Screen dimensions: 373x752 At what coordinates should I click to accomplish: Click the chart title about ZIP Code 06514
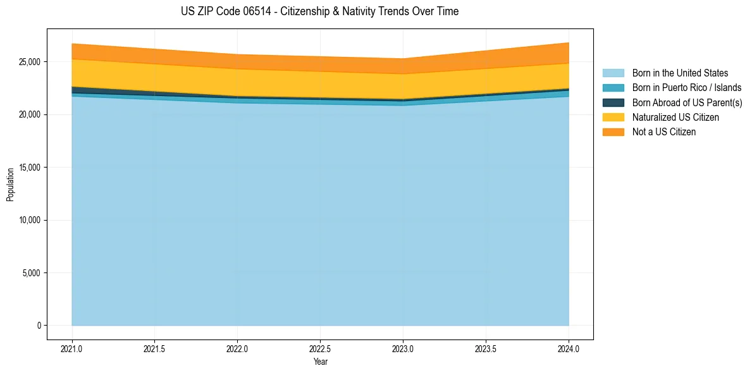[x=319, y=11]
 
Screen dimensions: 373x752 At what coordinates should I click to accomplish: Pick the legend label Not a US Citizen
[x=664, y=131]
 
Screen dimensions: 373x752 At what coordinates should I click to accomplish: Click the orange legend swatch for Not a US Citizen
[x=613, y=131]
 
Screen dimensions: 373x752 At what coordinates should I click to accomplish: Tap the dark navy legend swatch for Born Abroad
[x=613, y=102]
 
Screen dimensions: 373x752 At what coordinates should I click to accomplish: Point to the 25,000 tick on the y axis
[x=30, y=62]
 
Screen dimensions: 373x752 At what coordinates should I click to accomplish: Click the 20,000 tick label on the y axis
[x=30, y=114]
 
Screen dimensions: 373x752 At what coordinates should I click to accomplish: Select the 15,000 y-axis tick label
[x=30, y=168]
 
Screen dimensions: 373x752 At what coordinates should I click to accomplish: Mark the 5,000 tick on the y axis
[x=32, y=273]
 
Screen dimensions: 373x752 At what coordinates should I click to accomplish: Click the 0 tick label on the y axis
[x=39, y=326]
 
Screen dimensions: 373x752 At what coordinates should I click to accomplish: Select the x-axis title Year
[x=320, y=362]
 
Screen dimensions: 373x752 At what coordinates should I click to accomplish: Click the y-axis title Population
[x=10, y=185]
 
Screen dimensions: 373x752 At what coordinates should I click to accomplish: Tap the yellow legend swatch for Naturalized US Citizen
[x=613, y=117]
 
